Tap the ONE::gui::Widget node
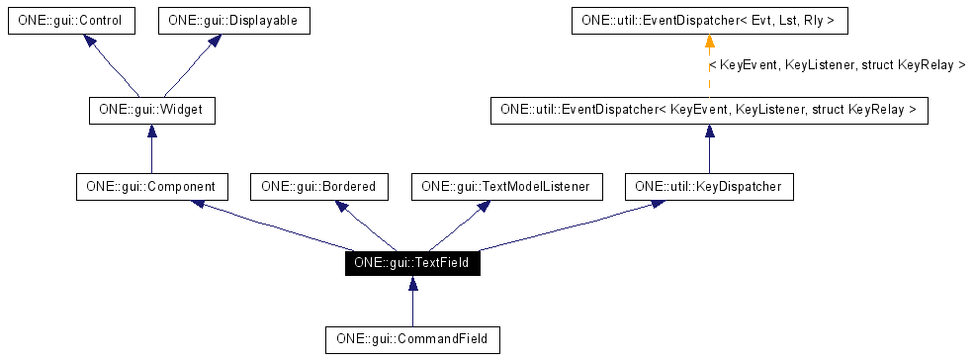coord(150,110)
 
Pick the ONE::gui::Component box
coord(150,185)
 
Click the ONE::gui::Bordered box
coord(319,185)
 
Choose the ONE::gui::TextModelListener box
coord(505,185)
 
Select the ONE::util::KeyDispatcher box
coord(709,185)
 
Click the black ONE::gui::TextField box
coord(412,263)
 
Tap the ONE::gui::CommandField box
coord(412,339)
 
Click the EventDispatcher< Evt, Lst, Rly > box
coord(709,19)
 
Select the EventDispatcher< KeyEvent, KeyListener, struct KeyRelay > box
coord(709,110)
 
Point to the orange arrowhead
coord(709,42)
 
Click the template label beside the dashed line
coord(837,65)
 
